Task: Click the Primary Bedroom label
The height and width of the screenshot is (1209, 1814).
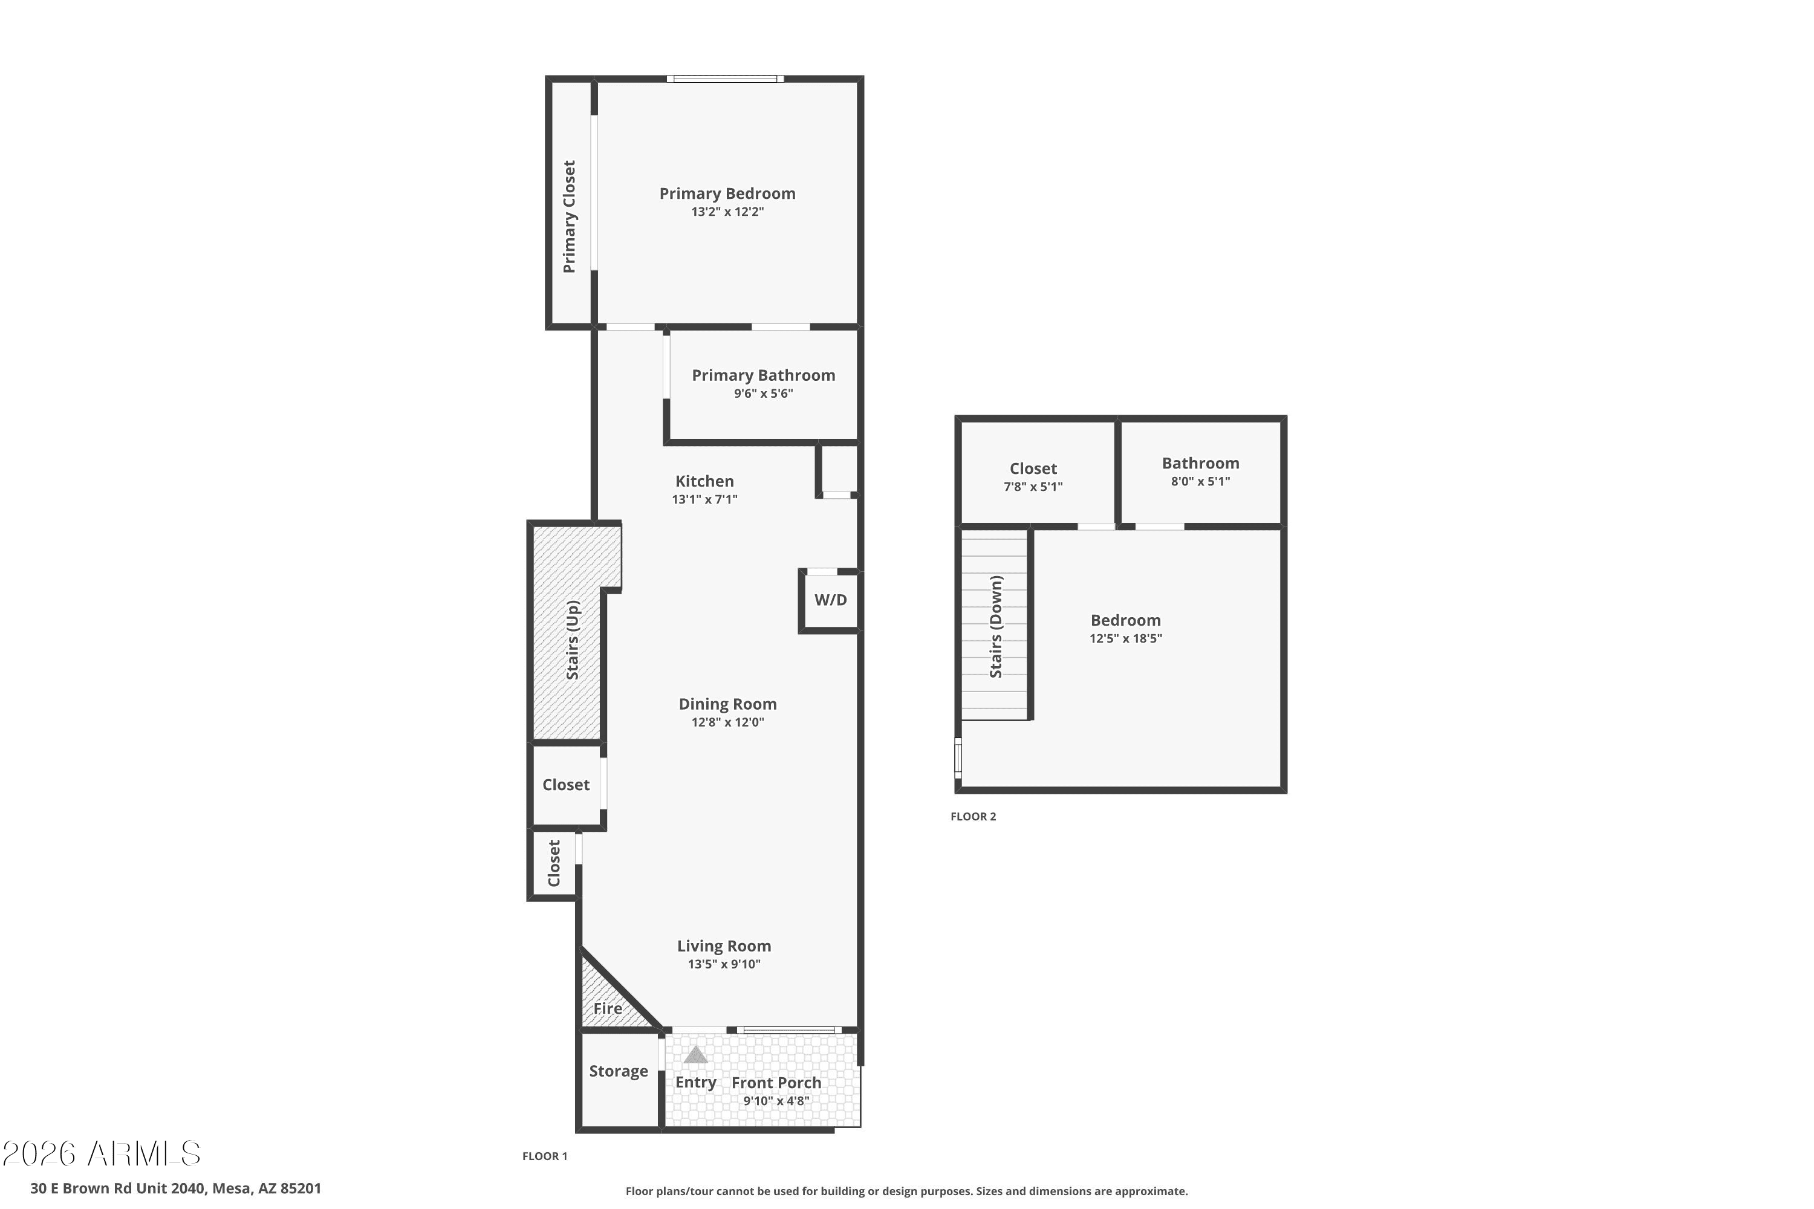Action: coord(727,193)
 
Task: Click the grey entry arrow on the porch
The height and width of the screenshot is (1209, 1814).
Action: coord(696,1054)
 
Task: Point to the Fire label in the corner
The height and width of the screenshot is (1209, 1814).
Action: coord(607,1008)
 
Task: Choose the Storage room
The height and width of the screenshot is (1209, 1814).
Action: coord(619,1080)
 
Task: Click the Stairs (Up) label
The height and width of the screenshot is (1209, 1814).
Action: coord(572,640)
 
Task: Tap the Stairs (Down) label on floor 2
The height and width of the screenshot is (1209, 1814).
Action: coord(996,626)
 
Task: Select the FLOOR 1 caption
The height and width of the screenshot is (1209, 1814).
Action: coord(545,1156)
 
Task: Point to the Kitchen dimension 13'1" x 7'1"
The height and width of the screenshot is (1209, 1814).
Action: coord(704,499)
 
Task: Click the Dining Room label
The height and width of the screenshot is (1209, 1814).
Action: coord(727,704)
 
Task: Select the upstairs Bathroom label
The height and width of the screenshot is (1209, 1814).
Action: coord(1200,464)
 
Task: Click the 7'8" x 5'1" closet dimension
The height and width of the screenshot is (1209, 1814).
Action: coord(1033,487)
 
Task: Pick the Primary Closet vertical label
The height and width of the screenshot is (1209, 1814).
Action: coord(569,216)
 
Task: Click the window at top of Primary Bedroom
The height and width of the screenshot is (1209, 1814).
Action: coord(725,79)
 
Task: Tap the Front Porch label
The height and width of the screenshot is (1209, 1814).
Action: coord(776,1083)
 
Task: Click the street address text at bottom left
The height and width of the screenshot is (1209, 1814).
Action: coord(176,1188)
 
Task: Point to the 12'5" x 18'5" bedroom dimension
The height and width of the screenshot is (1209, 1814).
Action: coord(1125,638)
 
